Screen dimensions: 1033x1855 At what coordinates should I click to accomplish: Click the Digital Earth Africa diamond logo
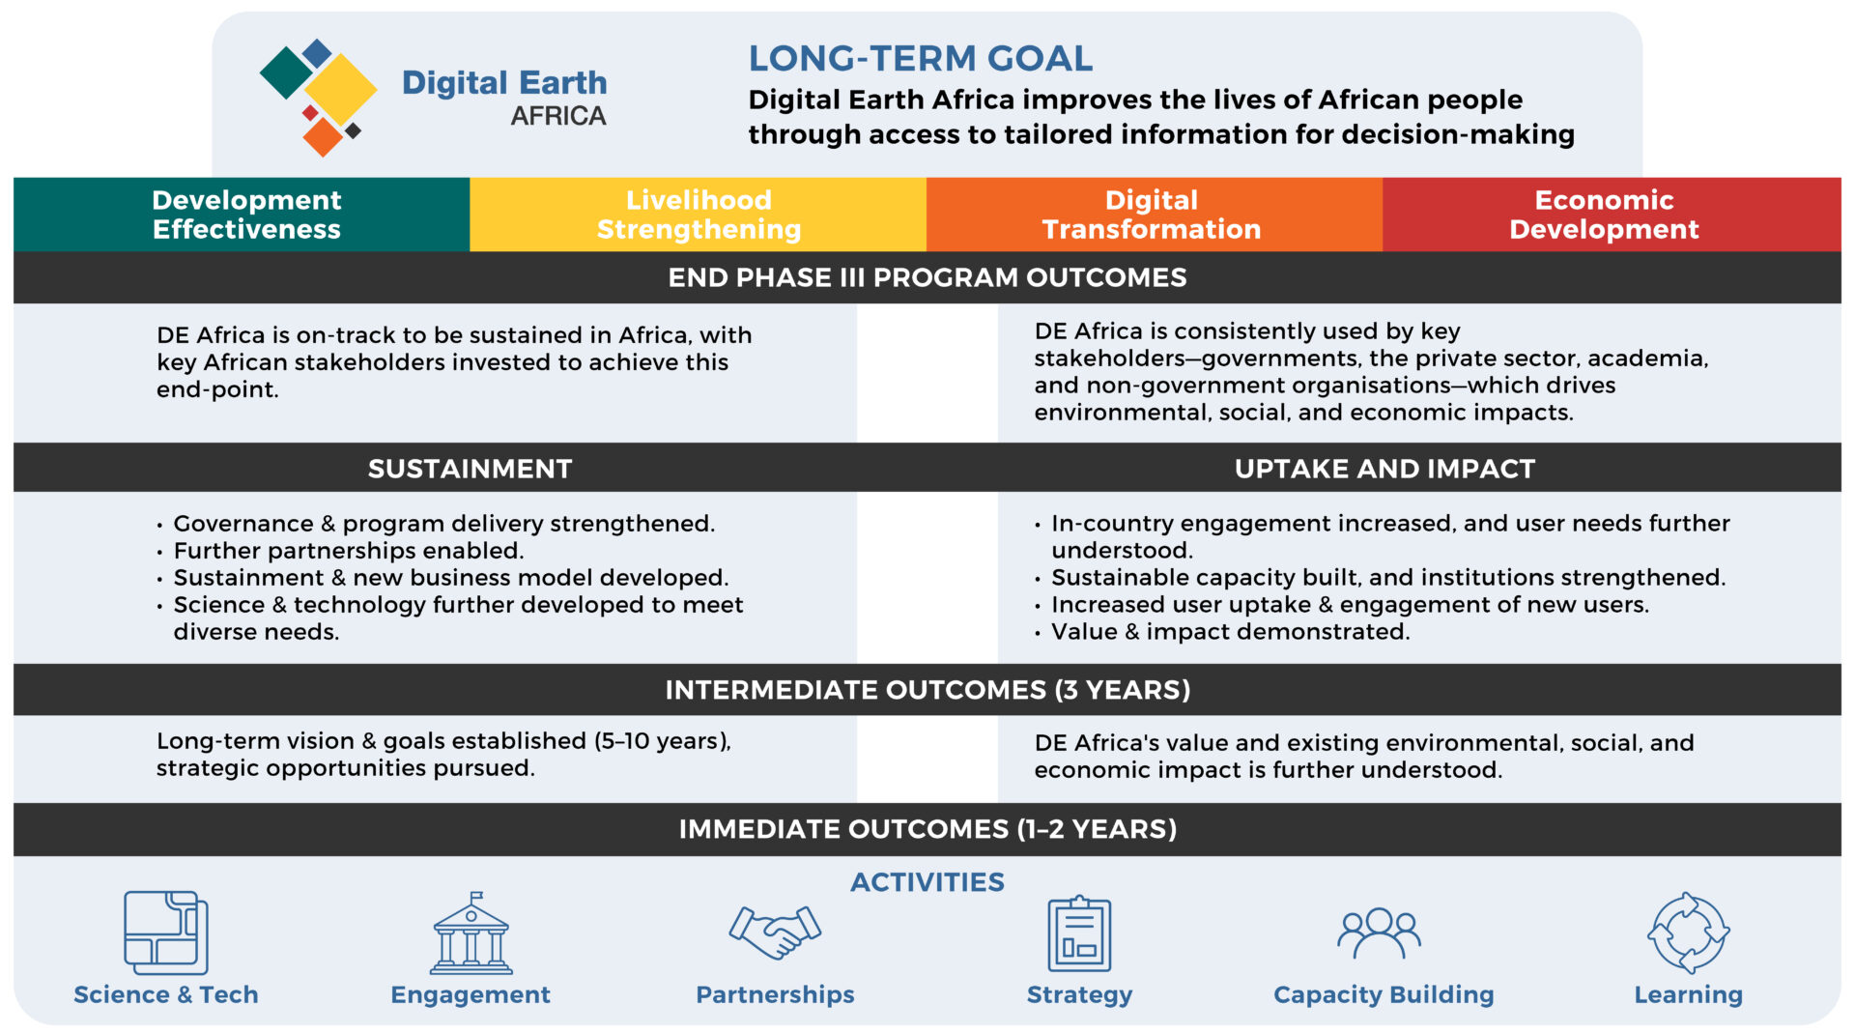(319, 97)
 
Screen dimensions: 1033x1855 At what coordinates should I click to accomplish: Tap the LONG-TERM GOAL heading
(920, 59)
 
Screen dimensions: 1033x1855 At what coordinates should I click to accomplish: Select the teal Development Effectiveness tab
(245, 215)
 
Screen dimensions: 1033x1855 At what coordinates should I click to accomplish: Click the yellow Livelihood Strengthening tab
(699, 215)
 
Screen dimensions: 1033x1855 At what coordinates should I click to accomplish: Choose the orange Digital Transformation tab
(1152, 215)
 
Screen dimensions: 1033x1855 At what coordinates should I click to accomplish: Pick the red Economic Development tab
(1604, 215)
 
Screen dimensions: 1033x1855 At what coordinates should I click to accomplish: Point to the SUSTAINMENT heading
(470, 469)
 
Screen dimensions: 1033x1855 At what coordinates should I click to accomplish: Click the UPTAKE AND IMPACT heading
(1384, 469)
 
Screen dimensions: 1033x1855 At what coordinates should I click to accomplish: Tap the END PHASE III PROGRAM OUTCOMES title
(927, 278)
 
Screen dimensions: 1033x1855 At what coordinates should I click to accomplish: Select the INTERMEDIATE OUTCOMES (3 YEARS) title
(927, 690)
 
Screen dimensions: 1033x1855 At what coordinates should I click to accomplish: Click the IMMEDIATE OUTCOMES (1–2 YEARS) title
(927, 829)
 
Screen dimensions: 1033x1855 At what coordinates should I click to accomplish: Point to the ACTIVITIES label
(927, 882)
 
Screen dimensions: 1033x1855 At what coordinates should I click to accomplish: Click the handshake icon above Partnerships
(775, 932)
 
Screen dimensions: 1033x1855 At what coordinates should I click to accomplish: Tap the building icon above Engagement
(471, 933)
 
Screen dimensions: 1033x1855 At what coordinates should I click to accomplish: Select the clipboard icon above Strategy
(1079, 933)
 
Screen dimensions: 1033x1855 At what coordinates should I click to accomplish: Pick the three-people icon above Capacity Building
(1379, 933)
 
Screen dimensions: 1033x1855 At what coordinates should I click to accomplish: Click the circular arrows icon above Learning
(1688, 933)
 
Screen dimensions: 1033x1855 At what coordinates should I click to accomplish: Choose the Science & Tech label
(166, 994)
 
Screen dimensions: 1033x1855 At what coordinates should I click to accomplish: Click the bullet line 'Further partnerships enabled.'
(348, 551)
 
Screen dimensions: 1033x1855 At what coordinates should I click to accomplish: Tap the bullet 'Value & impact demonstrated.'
(1230, 632)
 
